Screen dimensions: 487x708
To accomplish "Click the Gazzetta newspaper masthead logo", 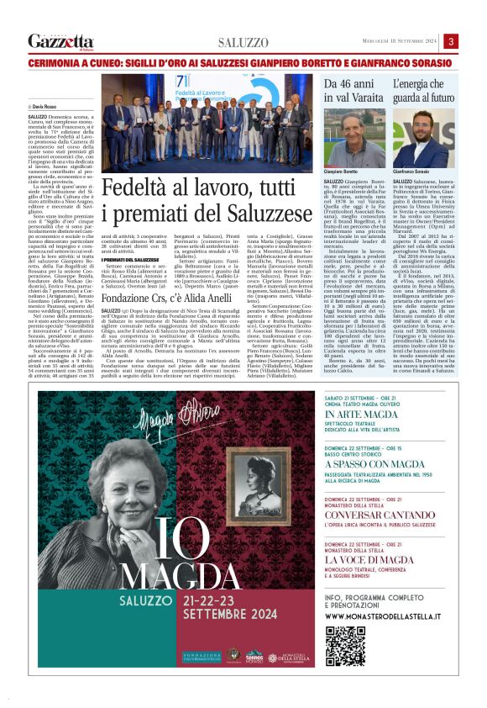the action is coord(60,41).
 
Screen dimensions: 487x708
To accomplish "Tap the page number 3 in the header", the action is coord(451,41).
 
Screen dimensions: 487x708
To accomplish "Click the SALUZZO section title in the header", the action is coord(243,42).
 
